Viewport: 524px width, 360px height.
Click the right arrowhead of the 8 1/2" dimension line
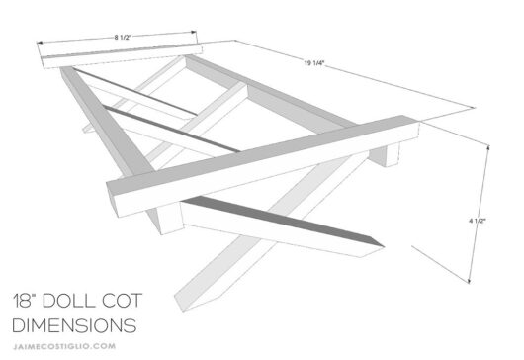(202, 36)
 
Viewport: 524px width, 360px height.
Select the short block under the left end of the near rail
(171, 217)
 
